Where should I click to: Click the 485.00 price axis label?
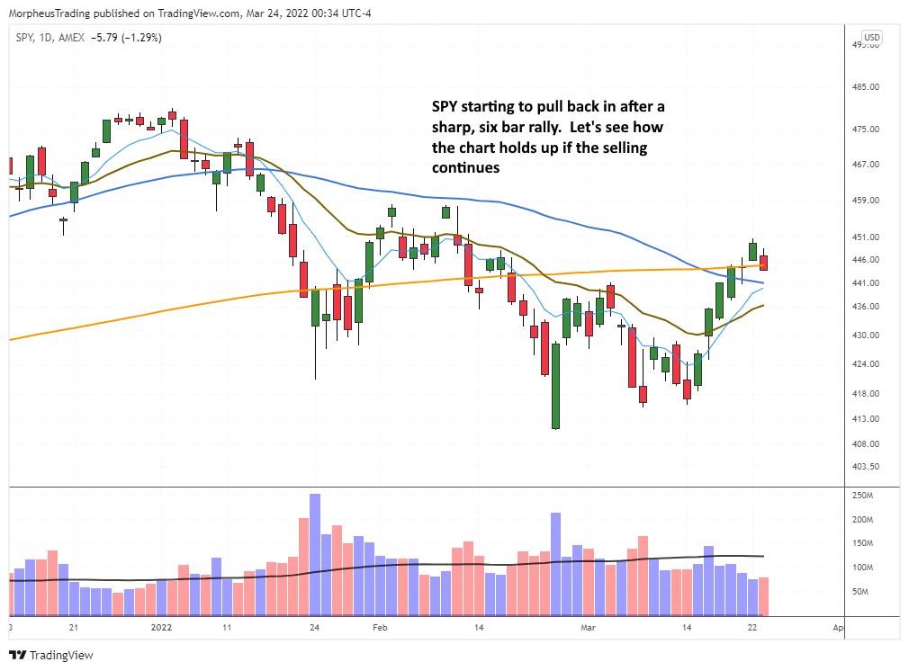pyautogui.click(x=866, y=87)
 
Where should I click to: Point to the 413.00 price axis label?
pyautogui.click(x=866, y=419)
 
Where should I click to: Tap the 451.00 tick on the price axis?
pyautogui.click(x=866, y=237)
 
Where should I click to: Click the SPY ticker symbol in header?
pyautogui.click(x=24, y=37)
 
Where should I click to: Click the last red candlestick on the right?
pyautogui.click(x=763, y=263)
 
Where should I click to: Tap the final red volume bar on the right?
pyautogui.click(x=763, y=595)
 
